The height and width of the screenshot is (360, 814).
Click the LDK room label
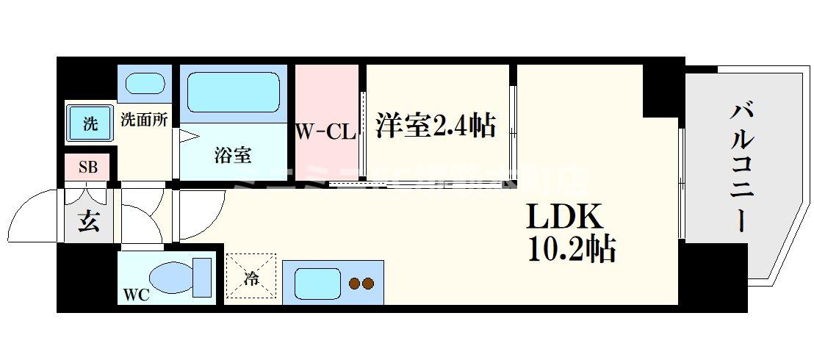(x=563, y=217)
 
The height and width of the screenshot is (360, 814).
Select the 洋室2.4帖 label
(x=435, y=125)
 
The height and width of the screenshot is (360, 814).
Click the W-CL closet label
(x=326, y=132)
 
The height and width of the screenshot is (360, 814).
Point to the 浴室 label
(x=234, y=155)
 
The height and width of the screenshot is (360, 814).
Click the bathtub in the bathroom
(x=231, y=92)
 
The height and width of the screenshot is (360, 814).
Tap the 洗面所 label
(x=143, y=119)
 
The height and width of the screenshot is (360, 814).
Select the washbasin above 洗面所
(x=144, y=83)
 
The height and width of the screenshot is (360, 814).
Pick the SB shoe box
(x=87, y=167)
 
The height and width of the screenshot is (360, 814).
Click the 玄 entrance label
(x=89, y=221)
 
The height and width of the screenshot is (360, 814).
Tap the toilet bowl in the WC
(x=173, y=278)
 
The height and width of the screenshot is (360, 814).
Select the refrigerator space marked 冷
(x=251, y=278)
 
